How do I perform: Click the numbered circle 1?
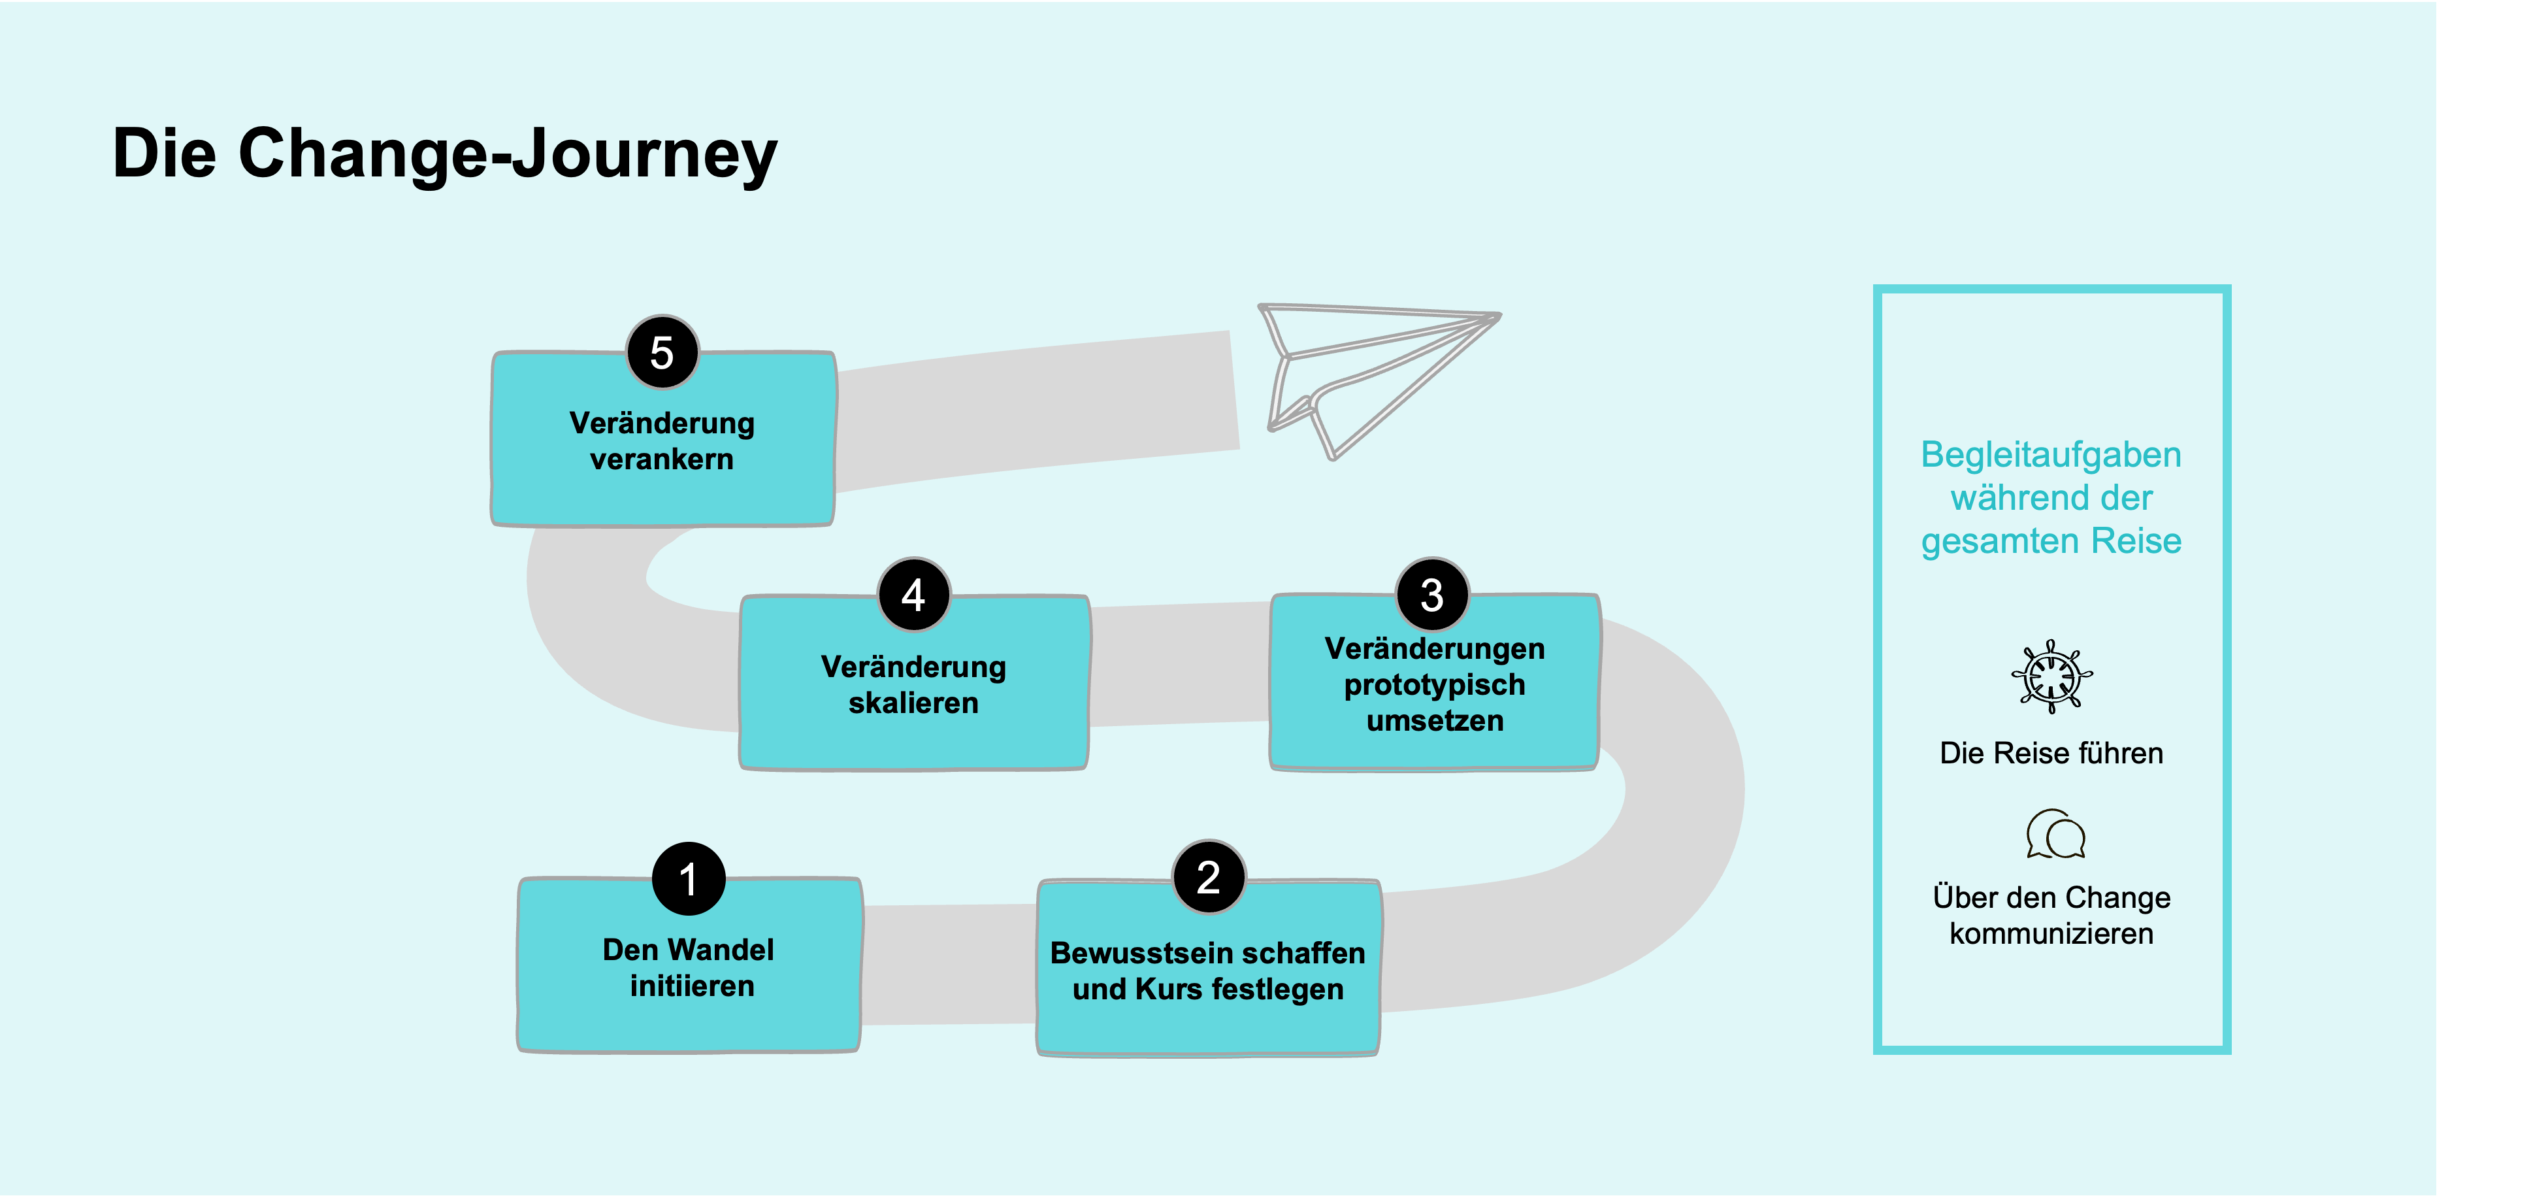point(689,878)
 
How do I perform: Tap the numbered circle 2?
point(1209,876)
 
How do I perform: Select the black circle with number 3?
point(1432,595)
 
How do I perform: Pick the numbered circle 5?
point(662,352)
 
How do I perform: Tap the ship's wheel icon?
point(2051,676)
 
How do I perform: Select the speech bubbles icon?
point(2055,834)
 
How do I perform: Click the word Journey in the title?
point(645,154)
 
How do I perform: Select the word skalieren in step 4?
point(913,703)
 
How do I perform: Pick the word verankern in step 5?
point(662,459)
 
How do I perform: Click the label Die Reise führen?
point(2051,753)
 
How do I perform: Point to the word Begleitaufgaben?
point(2051,455)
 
